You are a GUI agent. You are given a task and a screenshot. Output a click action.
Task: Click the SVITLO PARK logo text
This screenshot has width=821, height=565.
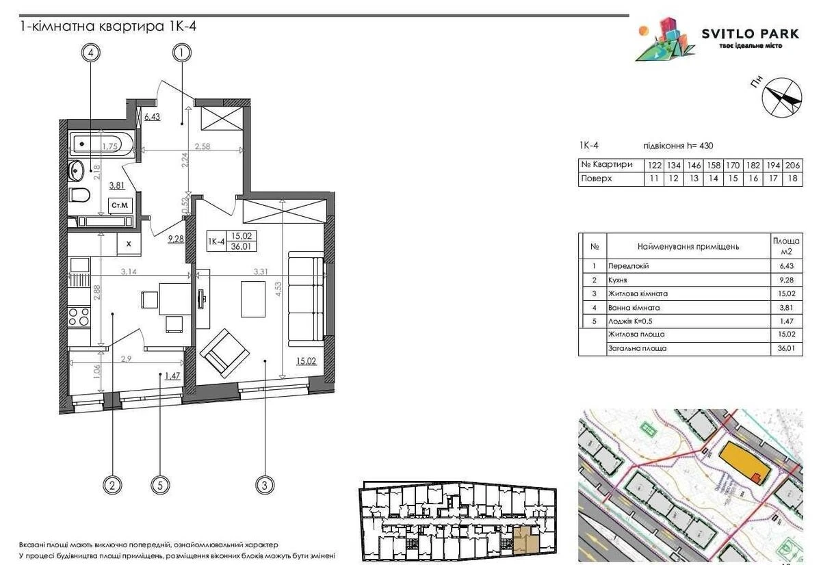(x=741, y=34)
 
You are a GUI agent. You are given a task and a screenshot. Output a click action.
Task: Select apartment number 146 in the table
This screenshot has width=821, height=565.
(x=690, y=165)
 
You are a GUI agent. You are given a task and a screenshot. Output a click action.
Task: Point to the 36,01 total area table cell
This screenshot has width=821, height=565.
(x=785, y=348)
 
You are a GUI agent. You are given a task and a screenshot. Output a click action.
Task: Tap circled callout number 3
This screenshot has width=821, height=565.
(x=265, y=486)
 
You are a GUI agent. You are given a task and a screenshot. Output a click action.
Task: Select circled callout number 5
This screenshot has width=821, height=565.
(x=159, y=486)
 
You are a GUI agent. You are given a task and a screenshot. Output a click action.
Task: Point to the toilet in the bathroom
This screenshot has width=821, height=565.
(x=80, y=195)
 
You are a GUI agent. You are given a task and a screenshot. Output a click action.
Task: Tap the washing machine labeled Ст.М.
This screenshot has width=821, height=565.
(x=122, y=205)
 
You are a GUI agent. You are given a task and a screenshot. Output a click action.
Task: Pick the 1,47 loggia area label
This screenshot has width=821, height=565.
(x=168, y=376)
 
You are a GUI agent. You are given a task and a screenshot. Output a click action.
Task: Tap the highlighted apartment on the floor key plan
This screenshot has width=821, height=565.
(x=525, y=539)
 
